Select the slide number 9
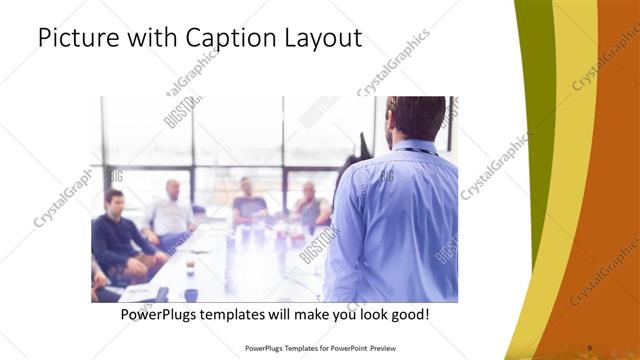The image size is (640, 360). click(589, 347)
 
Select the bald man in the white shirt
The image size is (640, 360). click(172, 212)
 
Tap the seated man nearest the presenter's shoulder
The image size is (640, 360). click(310, 205)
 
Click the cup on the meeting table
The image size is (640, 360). click(190, 266)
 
